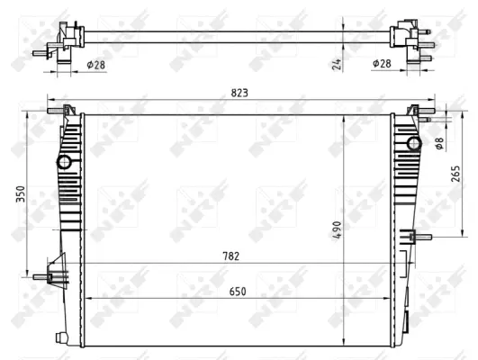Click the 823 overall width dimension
coord(239,93)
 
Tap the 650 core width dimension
coord(238,292)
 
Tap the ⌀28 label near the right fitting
coord(382,64)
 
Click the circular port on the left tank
coord(65,162)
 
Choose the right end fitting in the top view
coord(410,41)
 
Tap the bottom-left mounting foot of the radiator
coord(62,337)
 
